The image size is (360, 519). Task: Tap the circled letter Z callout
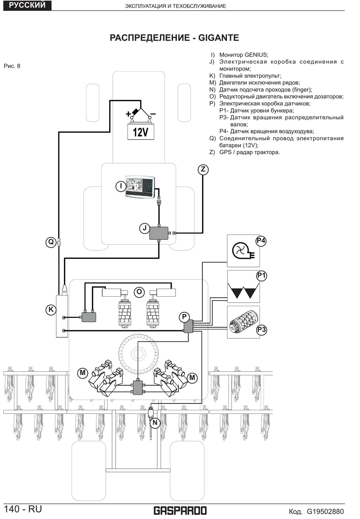[203, 169]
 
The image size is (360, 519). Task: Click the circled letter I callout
[121, 186]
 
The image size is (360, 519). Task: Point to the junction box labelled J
[159, 233]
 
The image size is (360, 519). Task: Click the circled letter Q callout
[51, 242]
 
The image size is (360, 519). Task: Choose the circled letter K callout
[51, 310]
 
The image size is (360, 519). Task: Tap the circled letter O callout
[139, 292]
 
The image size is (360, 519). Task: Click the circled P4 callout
[261, 241]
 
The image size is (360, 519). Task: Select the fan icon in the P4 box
[241, 251]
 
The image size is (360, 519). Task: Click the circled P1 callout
[261, 275]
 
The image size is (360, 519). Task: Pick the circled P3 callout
[261, 330]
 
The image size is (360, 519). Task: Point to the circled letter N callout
[155, 422]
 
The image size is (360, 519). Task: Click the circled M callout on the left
[83, 373]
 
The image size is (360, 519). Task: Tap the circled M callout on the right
[192, 377]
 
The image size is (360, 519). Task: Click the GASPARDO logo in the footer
[180, 510]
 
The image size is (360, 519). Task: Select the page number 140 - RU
[23, 509]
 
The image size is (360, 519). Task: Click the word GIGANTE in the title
[219, 38]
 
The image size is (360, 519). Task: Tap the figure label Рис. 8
[12, 66]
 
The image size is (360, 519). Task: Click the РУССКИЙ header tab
[27, 5]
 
